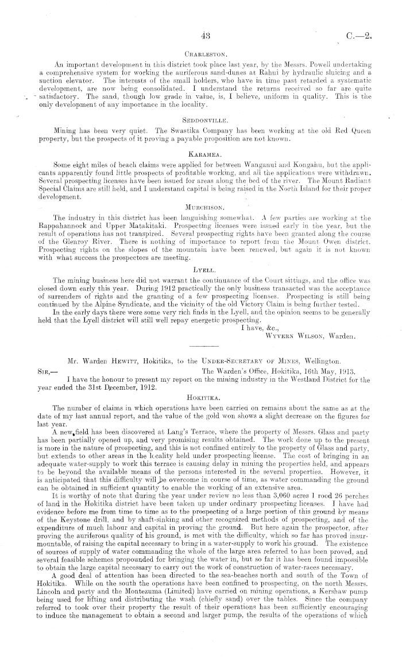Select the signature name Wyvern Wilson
click(290, 336)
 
